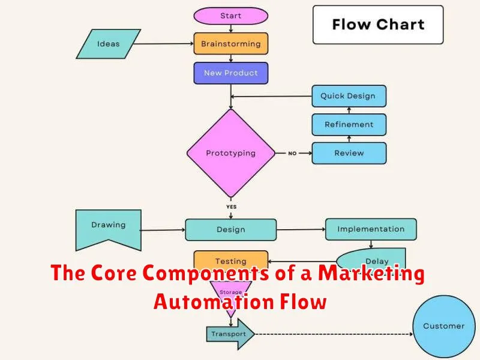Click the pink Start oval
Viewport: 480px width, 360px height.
230,16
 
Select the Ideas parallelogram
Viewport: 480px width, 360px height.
109,43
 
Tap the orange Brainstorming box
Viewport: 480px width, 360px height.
230,44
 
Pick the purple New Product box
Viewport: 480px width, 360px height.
230,73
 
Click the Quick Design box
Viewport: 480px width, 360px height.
348,96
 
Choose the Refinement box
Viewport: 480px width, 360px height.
348,124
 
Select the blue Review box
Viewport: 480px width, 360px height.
348,153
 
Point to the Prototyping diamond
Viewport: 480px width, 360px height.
230,153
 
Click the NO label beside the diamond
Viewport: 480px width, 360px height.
292,154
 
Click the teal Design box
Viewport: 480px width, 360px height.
230,229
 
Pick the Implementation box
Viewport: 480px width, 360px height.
370,229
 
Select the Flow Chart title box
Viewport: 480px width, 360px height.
378,25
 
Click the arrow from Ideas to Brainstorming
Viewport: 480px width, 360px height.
165,44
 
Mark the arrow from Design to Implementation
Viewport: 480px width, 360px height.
301,229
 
